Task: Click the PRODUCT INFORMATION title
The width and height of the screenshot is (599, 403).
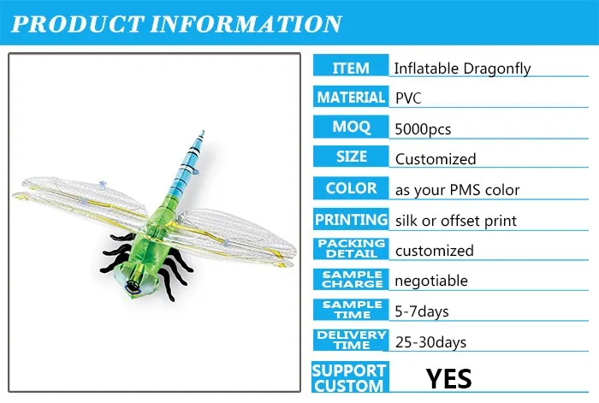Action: click(176, 22)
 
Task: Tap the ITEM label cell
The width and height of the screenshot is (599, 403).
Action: click(351, 68)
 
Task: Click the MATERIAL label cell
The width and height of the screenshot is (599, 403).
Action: click(351, 98)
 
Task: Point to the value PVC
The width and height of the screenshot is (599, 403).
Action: click(408, 98)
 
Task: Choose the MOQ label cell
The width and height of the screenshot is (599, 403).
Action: click(351, 127)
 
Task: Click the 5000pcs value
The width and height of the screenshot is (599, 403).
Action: click(423, 129)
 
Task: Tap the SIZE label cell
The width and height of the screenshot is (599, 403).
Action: click(351, 157)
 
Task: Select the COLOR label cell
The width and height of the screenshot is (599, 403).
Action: click(351, 187)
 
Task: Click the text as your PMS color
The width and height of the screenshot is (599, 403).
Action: click(457, 190)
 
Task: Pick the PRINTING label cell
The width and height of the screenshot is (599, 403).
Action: click(351, 219)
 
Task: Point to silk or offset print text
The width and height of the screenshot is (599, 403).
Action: click(456, 221)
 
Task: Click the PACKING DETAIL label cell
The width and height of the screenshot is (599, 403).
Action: click(351, 249)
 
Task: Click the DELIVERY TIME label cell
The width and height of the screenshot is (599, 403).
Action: click(351, 341)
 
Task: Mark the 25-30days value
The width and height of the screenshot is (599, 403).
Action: click(430, 342)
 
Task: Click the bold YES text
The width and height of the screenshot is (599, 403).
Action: click(449, 376)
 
